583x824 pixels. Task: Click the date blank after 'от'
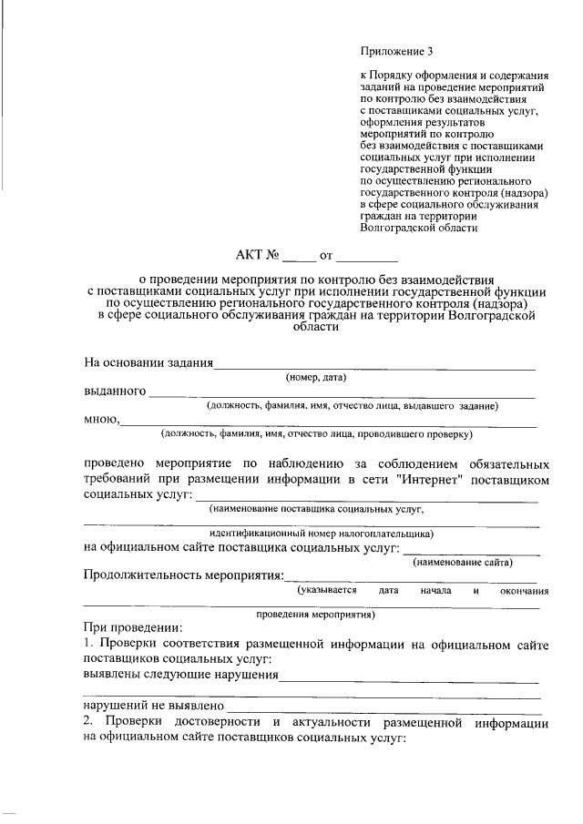tap(366, 257)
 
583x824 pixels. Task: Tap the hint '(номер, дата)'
tap(316, 377)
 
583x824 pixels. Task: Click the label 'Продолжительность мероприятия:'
tap(183, 575)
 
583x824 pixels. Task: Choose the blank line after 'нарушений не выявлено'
tap(383, 705)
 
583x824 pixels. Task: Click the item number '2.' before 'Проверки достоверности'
tap(89, 722)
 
